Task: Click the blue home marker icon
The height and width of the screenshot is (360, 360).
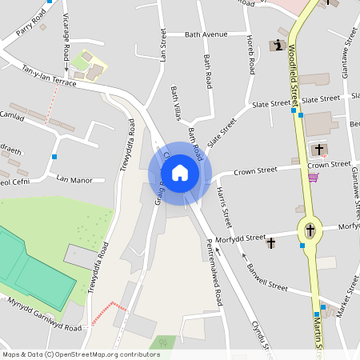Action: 180,173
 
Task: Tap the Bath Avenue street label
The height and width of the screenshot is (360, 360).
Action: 206,34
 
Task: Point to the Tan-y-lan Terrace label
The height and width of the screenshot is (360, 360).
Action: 49,76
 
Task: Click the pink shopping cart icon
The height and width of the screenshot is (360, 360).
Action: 313,177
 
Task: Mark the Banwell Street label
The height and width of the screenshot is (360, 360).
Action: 267,275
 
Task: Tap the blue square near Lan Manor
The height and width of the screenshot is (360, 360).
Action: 54,156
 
